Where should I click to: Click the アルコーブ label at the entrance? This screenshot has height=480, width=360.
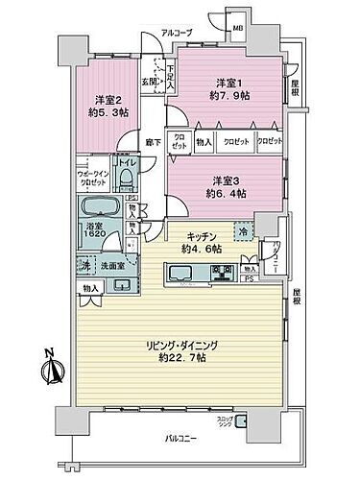point(176,33)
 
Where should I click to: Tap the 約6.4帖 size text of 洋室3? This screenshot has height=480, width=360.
point(225,191)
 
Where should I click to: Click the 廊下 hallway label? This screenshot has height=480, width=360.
point(154,143)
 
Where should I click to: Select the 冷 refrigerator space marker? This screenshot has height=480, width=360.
point(243,232)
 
